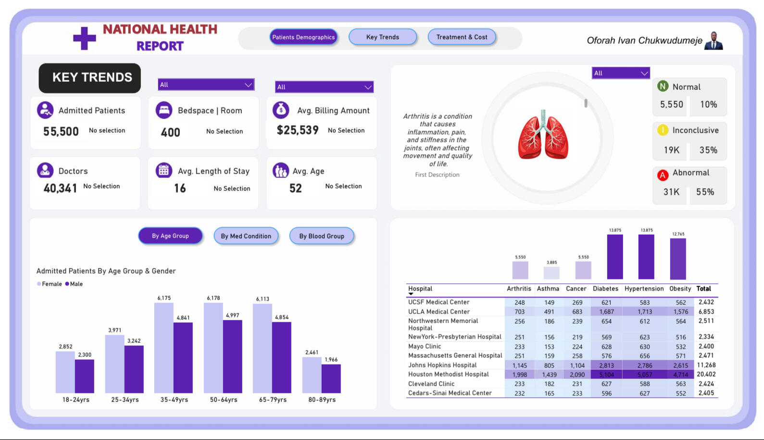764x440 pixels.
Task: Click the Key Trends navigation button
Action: point(382,37)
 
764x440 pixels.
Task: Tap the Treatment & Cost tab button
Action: point(462,37)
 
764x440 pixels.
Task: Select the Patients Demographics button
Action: point(303,37)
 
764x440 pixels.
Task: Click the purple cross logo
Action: point(85,38)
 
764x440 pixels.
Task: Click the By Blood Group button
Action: point(322,236)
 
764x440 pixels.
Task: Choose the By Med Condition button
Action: point(246,236)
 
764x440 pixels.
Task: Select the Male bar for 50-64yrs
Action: point(232,356)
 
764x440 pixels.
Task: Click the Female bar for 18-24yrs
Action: point(65,372)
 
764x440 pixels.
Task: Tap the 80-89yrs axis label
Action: point(322,400)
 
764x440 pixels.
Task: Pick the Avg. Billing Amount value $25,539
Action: point(298,130)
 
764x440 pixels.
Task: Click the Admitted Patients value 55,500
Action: point(61,131)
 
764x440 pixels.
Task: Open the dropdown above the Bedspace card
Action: point(206,85)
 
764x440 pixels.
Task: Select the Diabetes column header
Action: point(605,289)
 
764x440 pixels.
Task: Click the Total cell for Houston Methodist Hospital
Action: point(706,374)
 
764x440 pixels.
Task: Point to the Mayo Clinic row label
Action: point(425,346)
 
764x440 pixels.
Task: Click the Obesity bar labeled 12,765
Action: point(678,259)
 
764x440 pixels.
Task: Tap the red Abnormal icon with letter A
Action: point(663,175)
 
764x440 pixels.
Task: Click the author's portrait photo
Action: point(714,41)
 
